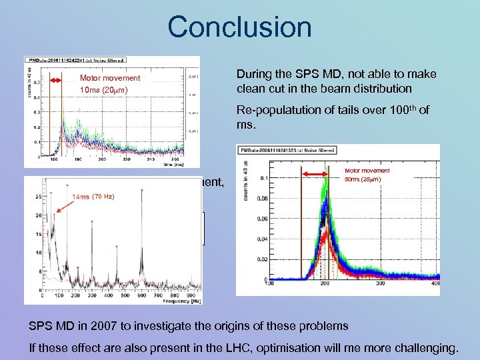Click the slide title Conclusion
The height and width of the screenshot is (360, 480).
pos(239,27)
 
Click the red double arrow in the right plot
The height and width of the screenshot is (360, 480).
pos(318,175)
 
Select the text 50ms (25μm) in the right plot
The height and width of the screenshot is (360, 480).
pos(367,181)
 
